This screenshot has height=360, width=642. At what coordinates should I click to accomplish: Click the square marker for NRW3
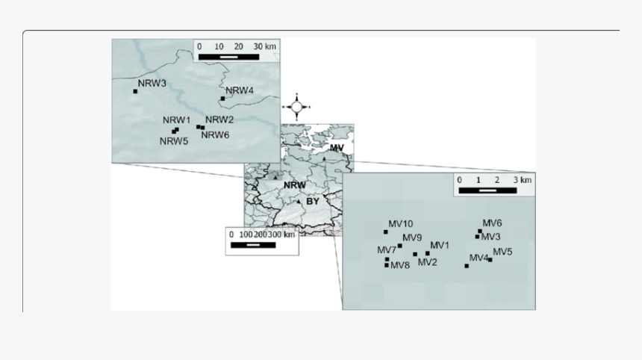pyautogui.click(x=136, y=91)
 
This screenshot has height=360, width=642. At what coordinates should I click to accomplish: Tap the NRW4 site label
pyautogui.click(x=240, y=90)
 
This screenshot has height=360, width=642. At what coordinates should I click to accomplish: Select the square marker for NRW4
pyautogui.click(x=222, y=99)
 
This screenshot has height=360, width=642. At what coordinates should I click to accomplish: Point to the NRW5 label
pyautogui.click(x=174, y=141)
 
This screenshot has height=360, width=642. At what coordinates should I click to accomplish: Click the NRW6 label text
pyautogui.click(x=215, y=135)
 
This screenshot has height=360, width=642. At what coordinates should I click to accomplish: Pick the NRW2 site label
pyautogui.click(x=219, y=120)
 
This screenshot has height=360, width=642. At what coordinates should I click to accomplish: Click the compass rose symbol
pyautogui.click(x=296, y=108)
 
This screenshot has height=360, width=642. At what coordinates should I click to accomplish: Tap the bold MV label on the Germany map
pyautogui.click(x=337, y=148)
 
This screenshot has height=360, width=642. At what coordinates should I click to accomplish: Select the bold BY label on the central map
pyautogui.click(x=313, y=202)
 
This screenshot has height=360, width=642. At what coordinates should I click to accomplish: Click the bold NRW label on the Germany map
pyautogui.click(x=295, y=185)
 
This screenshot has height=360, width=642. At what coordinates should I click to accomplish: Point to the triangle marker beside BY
pyautogui.click(x=299, y=202)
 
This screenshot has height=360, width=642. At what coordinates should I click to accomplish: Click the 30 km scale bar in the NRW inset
pyautogui.click(x=229, y=57)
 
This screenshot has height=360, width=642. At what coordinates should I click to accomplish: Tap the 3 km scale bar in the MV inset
pyautogui.click(x=487, y=190)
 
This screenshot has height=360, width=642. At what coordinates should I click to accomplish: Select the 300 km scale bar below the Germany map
pyautogui.click(x=253, y=245)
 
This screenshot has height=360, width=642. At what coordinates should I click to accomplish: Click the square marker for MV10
pyautogui.click(x=386, y=232)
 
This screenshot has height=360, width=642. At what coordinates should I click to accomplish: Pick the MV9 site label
pyautogui.click(x=412, y=238)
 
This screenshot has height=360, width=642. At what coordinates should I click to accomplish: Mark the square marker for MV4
pyautogui.click(x=467, y=266)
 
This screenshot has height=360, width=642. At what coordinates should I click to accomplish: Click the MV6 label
pyautogui.click(x=492, y=223)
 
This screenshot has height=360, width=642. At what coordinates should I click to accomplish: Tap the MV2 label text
pyautogui.click(x=428, y=262)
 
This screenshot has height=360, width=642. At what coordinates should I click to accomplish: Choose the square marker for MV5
pyautogui.click(x=490, y=260)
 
